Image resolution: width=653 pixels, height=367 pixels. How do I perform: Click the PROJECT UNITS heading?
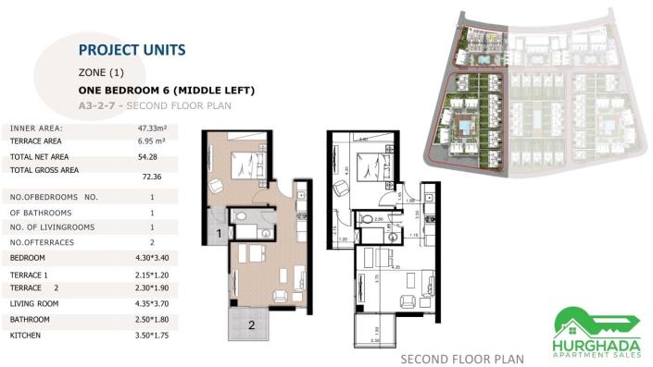tap(132, 50)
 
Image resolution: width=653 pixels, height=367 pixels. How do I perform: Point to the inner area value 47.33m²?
tap(151, 128)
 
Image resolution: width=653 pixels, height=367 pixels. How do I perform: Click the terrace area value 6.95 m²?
tap(151, 143)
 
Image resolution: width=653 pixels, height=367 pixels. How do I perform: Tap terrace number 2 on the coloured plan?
tap(249, 324)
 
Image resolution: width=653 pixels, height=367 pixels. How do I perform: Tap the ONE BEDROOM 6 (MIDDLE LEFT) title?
tap(166, 91)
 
